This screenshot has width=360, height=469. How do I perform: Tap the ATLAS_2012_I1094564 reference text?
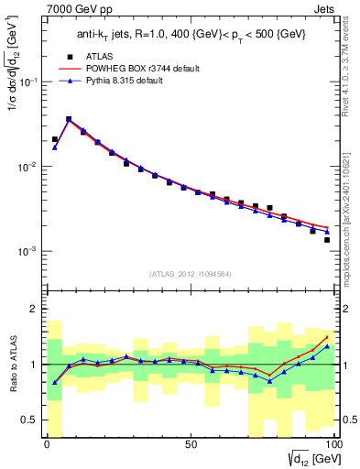click(x=189, y=274)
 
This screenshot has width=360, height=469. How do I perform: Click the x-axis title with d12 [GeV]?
click(x=311, y=459)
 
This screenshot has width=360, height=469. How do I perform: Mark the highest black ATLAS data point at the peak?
click(x=69, y=119)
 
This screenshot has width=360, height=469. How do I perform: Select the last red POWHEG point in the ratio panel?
click(x=327, y=337)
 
